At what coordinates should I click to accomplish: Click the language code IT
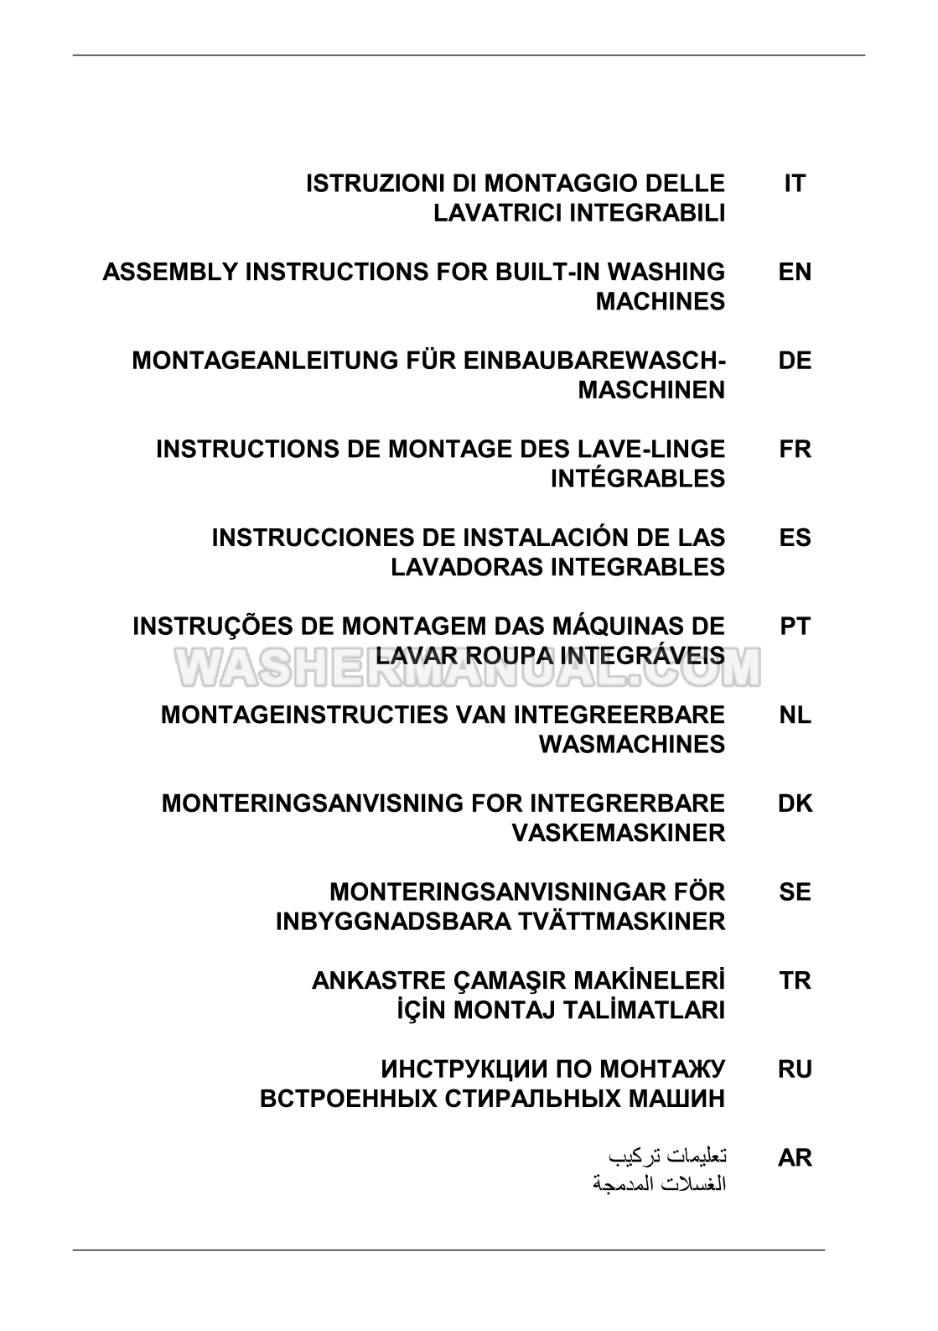[x=794, y=184]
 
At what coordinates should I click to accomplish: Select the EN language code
[x=795, y=273]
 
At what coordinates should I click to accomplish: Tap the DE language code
[x=795, y=361]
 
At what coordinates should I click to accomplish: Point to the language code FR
[x=795, y=450]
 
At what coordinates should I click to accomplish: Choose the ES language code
[x=795, y=538]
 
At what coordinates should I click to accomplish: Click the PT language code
[x=795, y=627]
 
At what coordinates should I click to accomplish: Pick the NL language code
[x=795, y=715]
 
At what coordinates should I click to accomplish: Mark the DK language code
[x=795, y=803]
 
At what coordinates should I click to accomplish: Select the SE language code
[x=795, y=892]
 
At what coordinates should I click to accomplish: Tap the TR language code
[x=795, y=980]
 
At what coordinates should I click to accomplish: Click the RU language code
[x=795, y=1069]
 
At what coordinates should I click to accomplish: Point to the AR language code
[x=795, y=1158]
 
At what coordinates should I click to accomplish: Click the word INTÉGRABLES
[x=637, y=479]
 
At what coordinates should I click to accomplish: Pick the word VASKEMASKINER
[x=618, y=833]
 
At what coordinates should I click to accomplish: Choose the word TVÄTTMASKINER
[x=609, y=922]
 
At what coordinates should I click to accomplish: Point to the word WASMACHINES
[x=631, y=745]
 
